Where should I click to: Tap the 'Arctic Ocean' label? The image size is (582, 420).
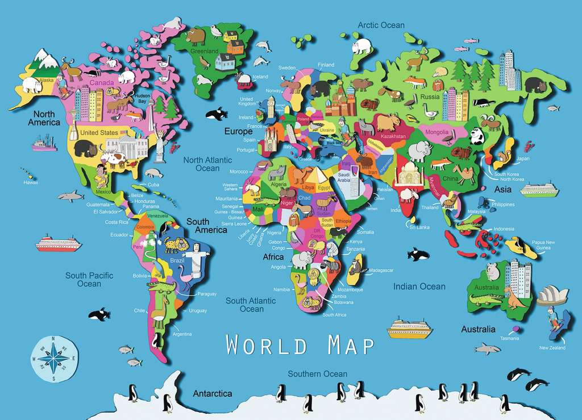click(381, 25)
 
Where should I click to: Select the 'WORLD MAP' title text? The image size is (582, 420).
click(300, 345)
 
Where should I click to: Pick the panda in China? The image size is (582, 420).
click(477, 136)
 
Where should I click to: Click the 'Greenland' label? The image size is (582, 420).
click(205, 51)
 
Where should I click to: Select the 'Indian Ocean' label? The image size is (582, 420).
click(419, 287)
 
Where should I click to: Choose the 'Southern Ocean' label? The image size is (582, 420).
click(317, 374)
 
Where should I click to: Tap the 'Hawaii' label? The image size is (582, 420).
click(31, 183)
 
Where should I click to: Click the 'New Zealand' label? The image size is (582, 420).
click(552, 347)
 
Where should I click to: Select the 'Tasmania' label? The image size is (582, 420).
click(509, 338)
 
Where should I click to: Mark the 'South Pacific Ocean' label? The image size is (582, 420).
click(89, 279)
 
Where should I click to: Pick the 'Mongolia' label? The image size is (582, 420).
click(437, 133)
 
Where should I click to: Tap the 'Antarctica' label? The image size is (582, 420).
click(212, 393)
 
